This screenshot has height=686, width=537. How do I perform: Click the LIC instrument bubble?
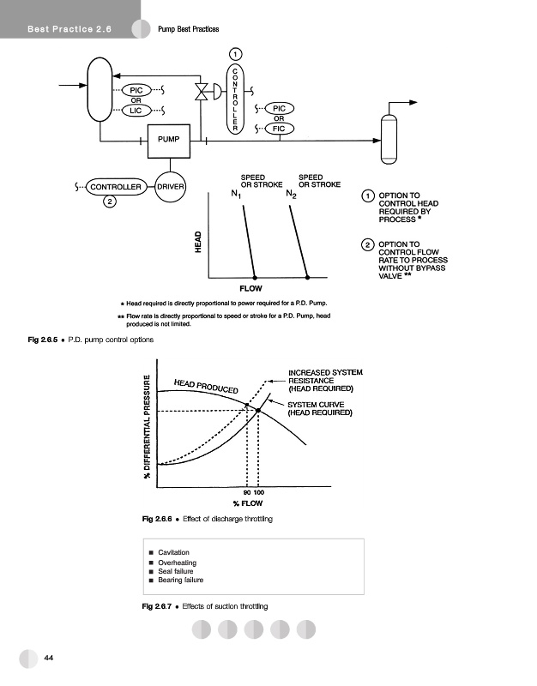coord(136,110)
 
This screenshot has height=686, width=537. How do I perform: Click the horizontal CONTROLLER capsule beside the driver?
coord(115,186)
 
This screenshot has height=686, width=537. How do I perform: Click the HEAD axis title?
coord(198,242)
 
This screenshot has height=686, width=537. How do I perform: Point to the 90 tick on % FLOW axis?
coord(247,494)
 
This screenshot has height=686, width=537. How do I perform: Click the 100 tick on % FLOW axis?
coord(259,494)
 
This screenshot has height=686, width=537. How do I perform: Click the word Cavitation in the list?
coord(174,552)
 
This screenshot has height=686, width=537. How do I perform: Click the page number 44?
coord(49,657)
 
